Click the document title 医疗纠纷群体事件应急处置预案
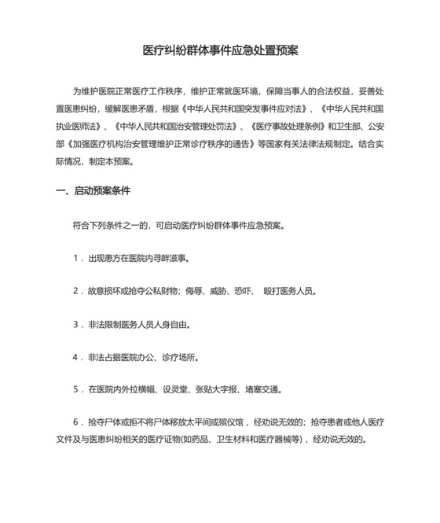tap(220, 50)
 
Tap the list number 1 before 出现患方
tap(76, 258)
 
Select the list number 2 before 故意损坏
tap(76, 291)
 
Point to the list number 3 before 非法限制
tap(76, 324)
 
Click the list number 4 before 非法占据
tap(76, 357)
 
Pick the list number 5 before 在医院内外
tap(76, 389)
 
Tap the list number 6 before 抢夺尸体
tap(76, 422)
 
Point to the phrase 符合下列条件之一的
tap(112, 225)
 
